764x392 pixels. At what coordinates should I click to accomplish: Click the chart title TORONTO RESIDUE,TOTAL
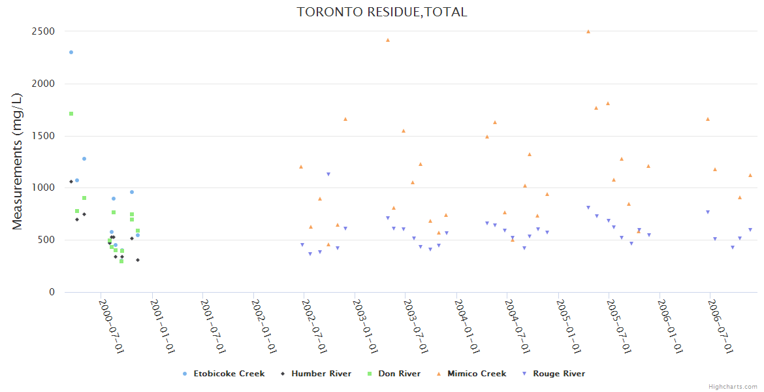click(382, 12)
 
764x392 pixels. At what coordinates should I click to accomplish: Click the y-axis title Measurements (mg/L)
click(18, 161)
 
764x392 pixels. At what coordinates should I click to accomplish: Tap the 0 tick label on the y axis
click(52, 292)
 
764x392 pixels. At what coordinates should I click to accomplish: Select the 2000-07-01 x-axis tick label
click(111, 327)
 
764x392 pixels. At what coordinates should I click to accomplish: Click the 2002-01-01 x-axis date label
click(264, 327)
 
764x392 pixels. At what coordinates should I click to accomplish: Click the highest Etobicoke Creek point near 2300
click(71, 52)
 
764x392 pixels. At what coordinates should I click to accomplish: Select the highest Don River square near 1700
click(71, 114)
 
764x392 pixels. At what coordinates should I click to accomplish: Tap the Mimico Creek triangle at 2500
click(588, 31)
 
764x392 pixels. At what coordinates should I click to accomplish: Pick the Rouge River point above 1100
click(328, 174)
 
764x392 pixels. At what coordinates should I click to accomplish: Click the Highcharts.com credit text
click(733, 386)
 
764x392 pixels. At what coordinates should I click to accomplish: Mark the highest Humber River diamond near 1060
click(71, 182)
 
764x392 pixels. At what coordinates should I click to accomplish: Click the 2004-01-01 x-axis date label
click(468, 327)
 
